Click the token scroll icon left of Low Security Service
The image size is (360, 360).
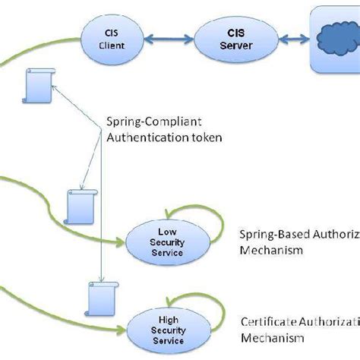79,204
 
